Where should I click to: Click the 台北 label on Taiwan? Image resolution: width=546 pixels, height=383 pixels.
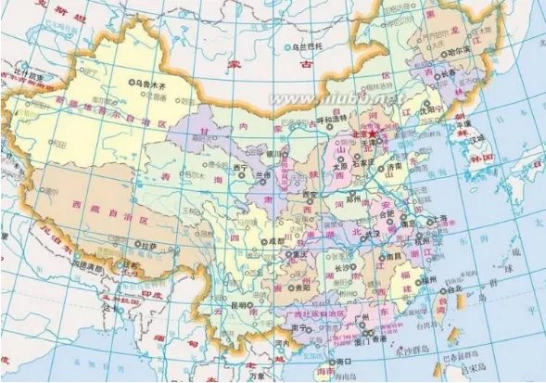tap(456, 288)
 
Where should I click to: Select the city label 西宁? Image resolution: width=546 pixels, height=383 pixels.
tap(242, 169)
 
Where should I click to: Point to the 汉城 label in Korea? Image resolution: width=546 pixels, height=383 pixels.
tap(477, 139)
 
